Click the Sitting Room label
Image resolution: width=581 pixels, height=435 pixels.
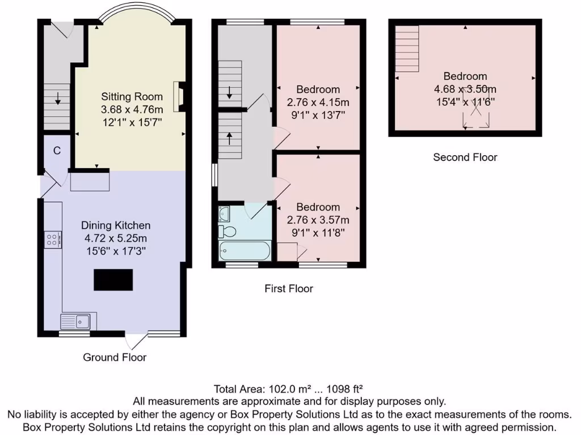(x=132, y=97)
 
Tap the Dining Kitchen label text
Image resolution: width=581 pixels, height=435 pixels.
(x=115, y=225)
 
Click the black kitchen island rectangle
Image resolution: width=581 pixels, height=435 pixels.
(x=113, y=280)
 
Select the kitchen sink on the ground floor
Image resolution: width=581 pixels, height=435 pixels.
(x=78, y=321)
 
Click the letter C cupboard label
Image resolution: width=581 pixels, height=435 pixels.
(x=57, y=151)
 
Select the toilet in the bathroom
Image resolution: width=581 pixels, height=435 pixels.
(x=228, y=232)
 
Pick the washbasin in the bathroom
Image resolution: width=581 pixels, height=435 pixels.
(x=224, y=214)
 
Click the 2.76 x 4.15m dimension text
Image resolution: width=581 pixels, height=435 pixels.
(x=318, y=103)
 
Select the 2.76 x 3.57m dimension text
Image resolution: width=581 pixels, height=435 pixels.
(x=318, y=220)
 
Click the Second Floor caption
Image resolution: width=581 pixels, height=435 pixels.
(x=465, y=157)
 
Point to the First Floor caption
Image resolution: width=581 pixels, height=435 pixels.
(x=289, y=288)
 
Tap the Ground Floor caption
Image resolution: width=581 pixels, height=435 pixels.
(x=115, y=357)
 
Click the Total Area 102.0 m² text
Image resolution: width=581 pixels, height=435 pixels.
(x=288, y=389)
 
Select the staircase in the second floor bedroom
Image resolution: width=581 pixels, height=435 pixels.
(x=407, y=49)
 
